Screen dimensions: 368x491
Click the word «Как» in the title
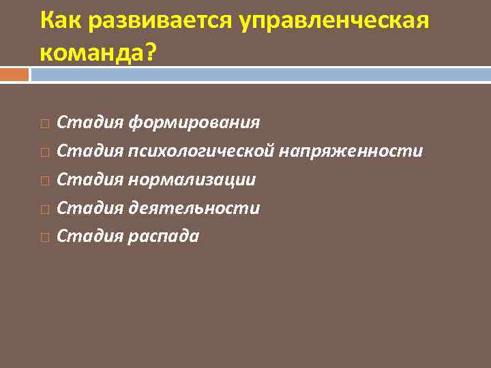pyautogui.click(x=60, y=20)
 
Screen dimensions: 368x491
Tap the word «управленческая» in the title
pyautogui.click(x=334, y=20)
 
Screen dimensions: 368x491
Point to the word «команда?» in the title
pyautogui.click(x=98, y=52)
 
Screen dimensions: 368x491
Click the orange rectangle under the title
pyautogui.click(x=14, y=74)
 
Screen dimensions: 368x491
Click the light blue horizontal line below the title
pyautogui.click(x=259, y=74)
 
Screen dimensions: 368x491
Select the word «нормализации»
pyautogui.click(x=192, y=180)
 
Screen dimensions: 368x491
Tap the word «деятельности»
pyautogui.click(x=194, y=209)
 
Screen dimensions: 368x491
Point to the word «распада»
pyautogui.click(x=164, y=236)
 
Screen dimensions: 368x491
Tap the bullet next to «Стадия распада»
pyautogui.click(x=44, y=238)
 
